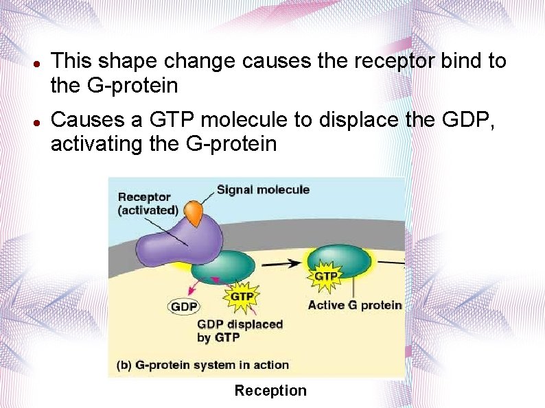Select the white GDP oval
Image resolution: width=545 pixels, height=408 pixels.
184,307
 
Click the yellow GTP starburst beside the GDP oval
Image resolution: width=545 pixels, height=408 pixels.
242,297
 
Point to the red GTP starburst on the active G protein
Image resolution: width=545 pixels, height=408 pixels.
325,276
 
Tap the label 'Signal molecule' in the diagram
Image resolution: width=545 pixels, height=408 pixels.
264,190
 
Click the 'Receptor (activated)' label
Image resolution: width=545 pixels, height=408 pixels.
148,204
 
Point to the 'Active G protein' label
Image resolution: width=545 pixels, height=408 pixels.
354,305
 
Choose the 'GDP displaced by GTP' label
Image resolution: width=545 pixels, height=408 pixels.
240,331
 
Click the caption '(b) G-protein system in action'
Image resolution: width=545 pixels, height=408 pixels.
203,365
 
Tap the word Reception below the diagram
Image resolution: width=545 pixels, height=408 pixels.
270,391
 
